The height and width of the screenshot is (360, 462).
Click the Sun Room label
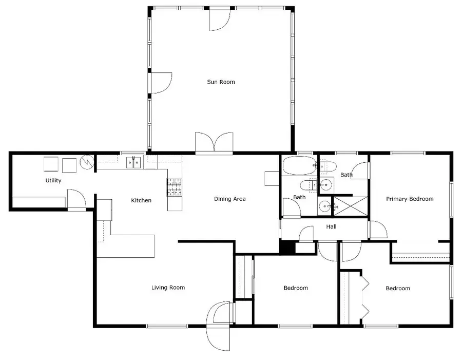point(221,82)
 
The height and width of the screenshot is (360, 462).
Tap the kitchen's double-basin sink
point(134,163)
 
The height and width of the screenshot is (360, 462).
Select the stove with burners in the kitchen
point(174,187)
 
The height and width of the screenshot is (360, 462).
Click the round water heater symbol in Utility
point(87,163)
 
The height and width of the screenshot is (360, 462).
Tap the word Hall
point(331,226)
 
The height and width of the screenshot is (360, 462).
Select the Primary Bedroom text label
point(410,199)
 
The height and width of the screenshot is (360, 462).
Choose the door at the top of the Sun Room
point(220,18)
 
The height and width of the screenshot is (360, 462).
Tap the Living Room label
point(168,288)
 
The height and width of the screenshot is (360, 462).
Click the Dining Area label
point(229,199)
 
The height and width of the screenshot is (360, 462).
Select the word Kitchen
point(141,200)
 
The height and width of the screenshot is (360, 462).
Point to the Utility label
point(53,180)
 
